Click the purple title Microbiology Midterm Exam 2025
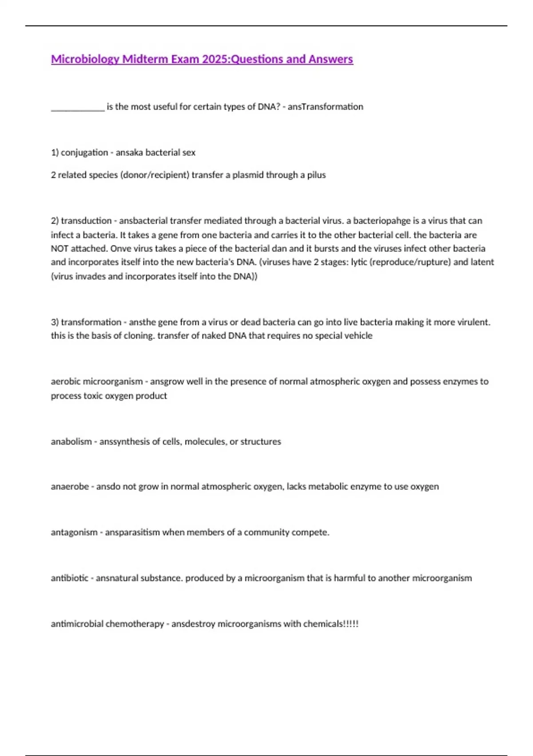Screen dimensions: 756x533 click(202, 59)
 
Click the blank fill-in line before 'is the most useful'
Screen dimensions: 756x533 click(78, 107)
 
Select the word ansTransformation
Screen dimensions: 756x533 click(325, 107)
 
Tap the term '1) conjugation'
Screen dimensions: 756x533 click(80, 153)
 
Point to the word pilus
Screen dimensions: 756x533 click(316, 175)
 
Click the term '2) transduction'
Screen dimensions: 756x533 click(81, 221)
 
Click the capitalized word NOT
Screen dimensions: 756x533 click(59, 249)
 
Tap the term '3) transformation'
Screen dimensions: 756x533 click(86, 322)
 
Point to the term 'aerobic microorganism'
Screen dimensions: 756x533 click(96, 382)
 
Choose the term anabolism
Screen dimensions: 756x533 click(71, 442)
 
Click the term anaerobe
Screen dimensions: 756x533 click(70, 487)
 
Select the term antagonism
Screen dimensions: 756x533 click(74, 532)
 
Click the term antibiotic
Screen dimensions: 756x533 click(69, 578)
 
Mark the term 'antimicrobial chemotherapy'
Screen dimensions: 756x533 click(107, 624)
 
